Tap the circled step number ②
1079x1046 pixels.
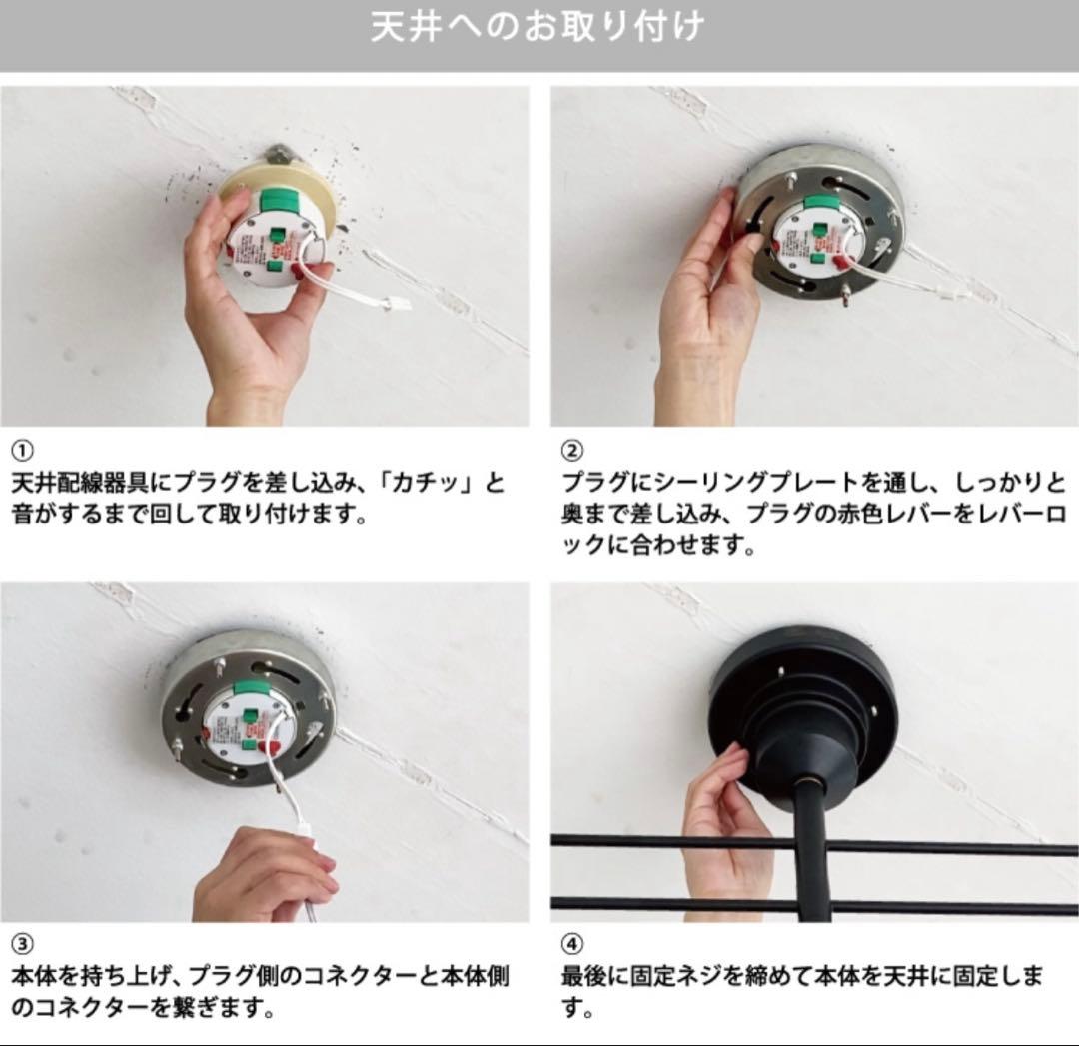coord(572,449)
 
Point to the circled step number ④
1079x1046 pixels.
coord(572,943)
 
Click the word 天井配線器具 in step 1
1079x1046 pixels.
coord(76,484)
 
